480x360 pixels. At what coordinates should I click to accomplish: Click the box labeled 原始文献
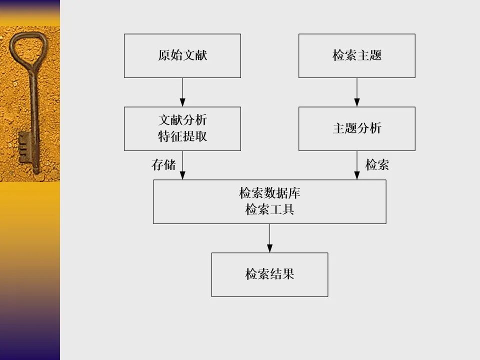pos(182,55)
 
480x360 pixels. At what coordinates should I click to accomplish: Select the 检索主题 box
pos(356,55)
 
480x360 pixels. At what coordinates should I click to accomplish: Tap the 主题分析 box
pos(356,128)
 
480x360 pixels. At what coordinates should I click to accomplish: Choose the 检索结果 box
pos(269,274)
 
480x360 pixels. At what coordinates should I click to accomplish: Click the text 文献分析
pos(182,120)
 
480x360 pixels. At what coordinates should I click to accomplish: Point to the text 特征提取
pos(182,136)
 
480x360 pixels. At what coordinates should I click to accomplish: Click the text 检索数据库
pos(269,193)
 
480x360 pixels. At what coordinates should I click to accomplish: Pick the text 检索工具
pos(269,209)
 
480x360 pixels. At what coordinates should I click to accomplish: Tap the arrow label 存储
pos(163,165)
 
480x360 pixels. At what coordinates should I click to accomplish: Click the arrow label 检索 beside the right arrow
pos(377,165)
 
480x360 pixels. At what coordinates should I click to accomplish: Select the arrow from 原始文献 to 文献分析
pos(182,92)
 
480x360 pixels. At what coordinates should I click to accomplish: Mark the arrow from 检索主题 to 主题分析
pos(356,92)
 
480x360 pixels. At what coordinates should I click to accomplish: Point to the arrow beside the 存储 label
pos(182,165)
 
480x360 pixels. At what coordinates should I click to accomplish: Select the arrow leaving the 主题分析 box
pos(356,165)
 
